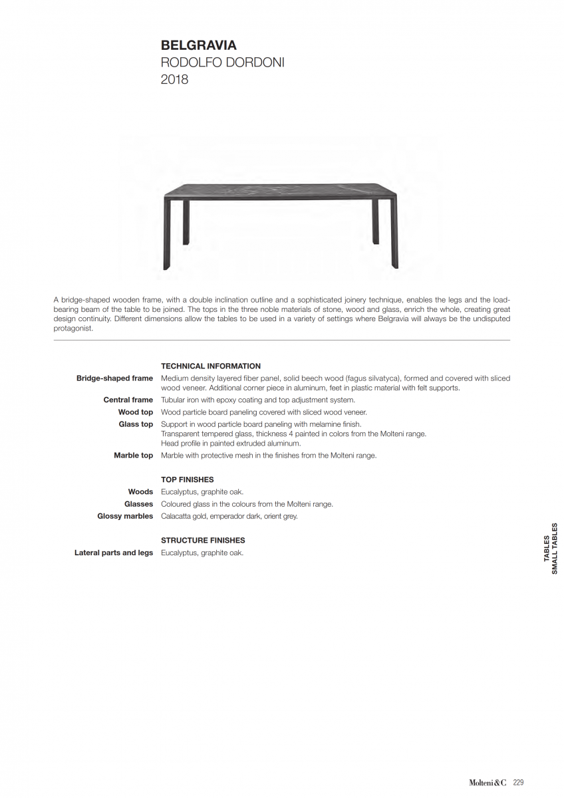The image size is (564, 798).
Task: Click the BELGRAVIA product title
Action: [199, 46]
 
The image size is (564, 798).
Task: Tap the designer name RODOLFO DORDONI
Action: [222, 63]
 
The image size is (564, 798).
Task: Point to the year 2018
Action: [174, 80]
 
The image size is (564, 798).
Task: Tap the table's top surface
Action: [279, 189]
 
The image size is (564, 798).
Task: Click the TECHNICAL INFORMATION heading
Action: [211, 366]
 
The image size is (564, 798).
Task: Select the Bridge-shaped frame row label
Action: [114, 378]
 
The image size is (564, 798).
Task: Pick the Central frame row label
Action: [128, 400]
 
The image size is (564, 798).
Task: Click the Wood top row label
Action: [136, 412]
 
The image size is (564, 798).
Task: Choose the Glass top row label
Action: [136, 424]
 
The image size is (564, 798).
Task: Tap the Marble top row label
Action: [133, 456]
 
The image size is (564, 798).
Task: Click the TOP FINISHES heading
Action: [188, 479]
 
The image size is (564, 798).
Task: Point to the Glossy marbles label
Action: [125, 516]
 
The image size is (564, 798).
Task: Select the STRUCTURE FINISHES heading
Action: [203, 541]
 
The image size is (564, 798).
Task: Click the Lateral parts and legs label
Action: [114, 553]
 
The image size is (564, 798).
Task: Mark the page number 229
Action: [519, 783]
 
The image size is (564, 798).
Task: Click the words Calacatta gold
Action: [184, 516]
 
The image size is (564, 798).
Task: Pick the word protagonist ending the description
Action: [73, 328]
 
